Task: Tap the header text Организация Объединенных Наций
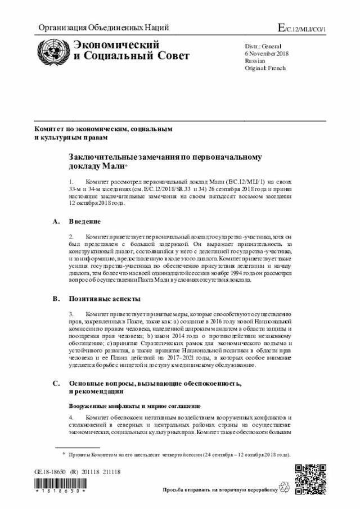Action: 103,28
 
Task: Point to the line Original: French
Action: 265,68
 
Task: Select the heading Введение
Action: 85,222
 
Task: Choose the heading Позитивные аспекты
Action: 105,298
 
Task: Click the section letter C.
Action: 56,383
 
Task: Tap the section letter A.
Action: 56,222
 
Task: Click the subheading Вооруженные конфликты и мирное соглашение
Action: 135,406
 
